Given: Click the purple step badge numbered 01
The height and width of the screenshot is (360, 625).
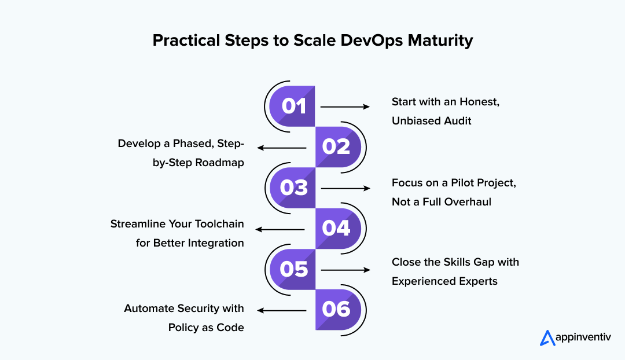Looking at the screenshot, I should (x=293, y=106).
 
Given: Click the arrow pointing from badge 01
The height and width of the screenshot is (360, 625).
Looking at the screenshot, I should (x=345, y=106).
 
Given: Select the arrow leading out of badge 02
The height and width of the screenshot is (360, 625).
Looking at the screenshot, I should (x=282, y=148).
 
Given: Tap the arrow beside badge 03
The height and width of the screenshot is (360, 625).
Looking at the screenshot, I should (x=345, y=188).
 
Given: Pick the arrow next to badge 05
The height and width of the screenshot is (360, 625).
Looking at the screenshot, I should (x=345, y=270).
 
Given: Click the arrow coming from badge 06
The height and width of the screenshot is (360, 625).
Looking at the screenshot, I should (x=282, y=310).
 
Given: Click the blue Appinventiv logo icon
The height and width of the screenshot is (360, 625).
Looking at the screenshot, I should (x=547, y=337).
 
